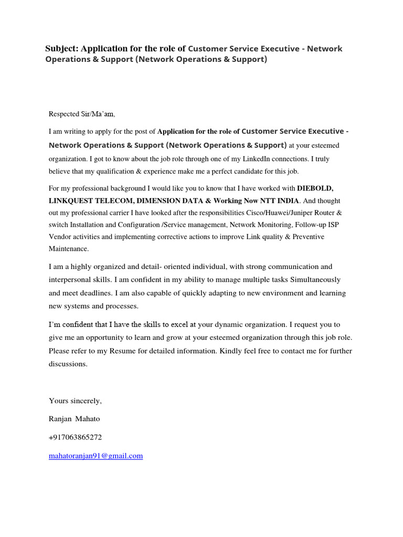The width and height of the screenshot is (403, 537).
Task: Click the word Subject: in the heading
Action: pyautogui.click(x=62, y=49)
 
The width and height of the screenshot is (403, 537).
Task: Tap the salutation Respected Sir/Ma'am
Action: pyautogui.click(x=81, y=114)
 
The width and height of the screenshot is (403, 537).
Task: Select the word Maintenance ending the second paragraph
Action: pyautogui.click(x=69, y=249)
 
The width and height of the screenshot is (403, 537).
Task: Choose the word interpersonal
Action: pyautogui.click(x=72, y=279)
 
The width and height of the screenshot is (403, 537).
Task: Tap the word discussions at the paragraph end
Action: pyautogui.click(x=68, y=364)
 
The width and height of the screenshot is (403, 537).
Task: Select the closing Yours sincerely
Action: pyautogui.click(x=75, y=401)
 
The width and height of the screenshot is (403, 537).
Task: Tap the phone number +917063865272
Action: pyautogui.click(x=75, y=437)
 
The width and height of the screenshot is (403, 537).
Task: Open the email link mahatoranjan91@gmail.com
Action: pyautogui.click(x=96, y=456)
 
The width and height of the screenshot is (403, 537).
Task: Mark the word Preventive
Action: pyautogui.click(x=305, y=237)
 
